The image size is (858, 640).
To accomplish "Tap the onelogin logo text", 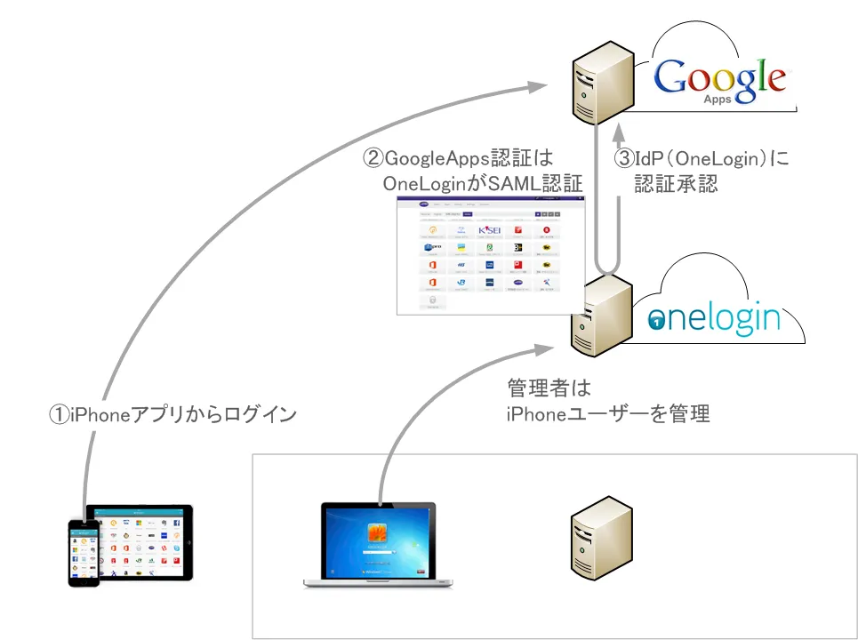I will click(x=715, y=317).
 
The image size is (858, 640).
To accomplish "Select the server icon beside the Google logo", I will click(x=601, y=84).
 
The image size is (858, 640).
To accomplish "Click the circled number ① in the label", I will click(x=58, y=415).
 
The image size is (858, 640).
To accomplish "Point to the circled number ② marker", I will click(x=373, y=159).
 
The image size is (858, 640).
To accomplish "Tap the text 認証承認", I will click(x=676, y=184).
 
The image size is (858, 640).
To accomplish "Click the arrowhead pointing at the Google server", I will click(x=538, y=85).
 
